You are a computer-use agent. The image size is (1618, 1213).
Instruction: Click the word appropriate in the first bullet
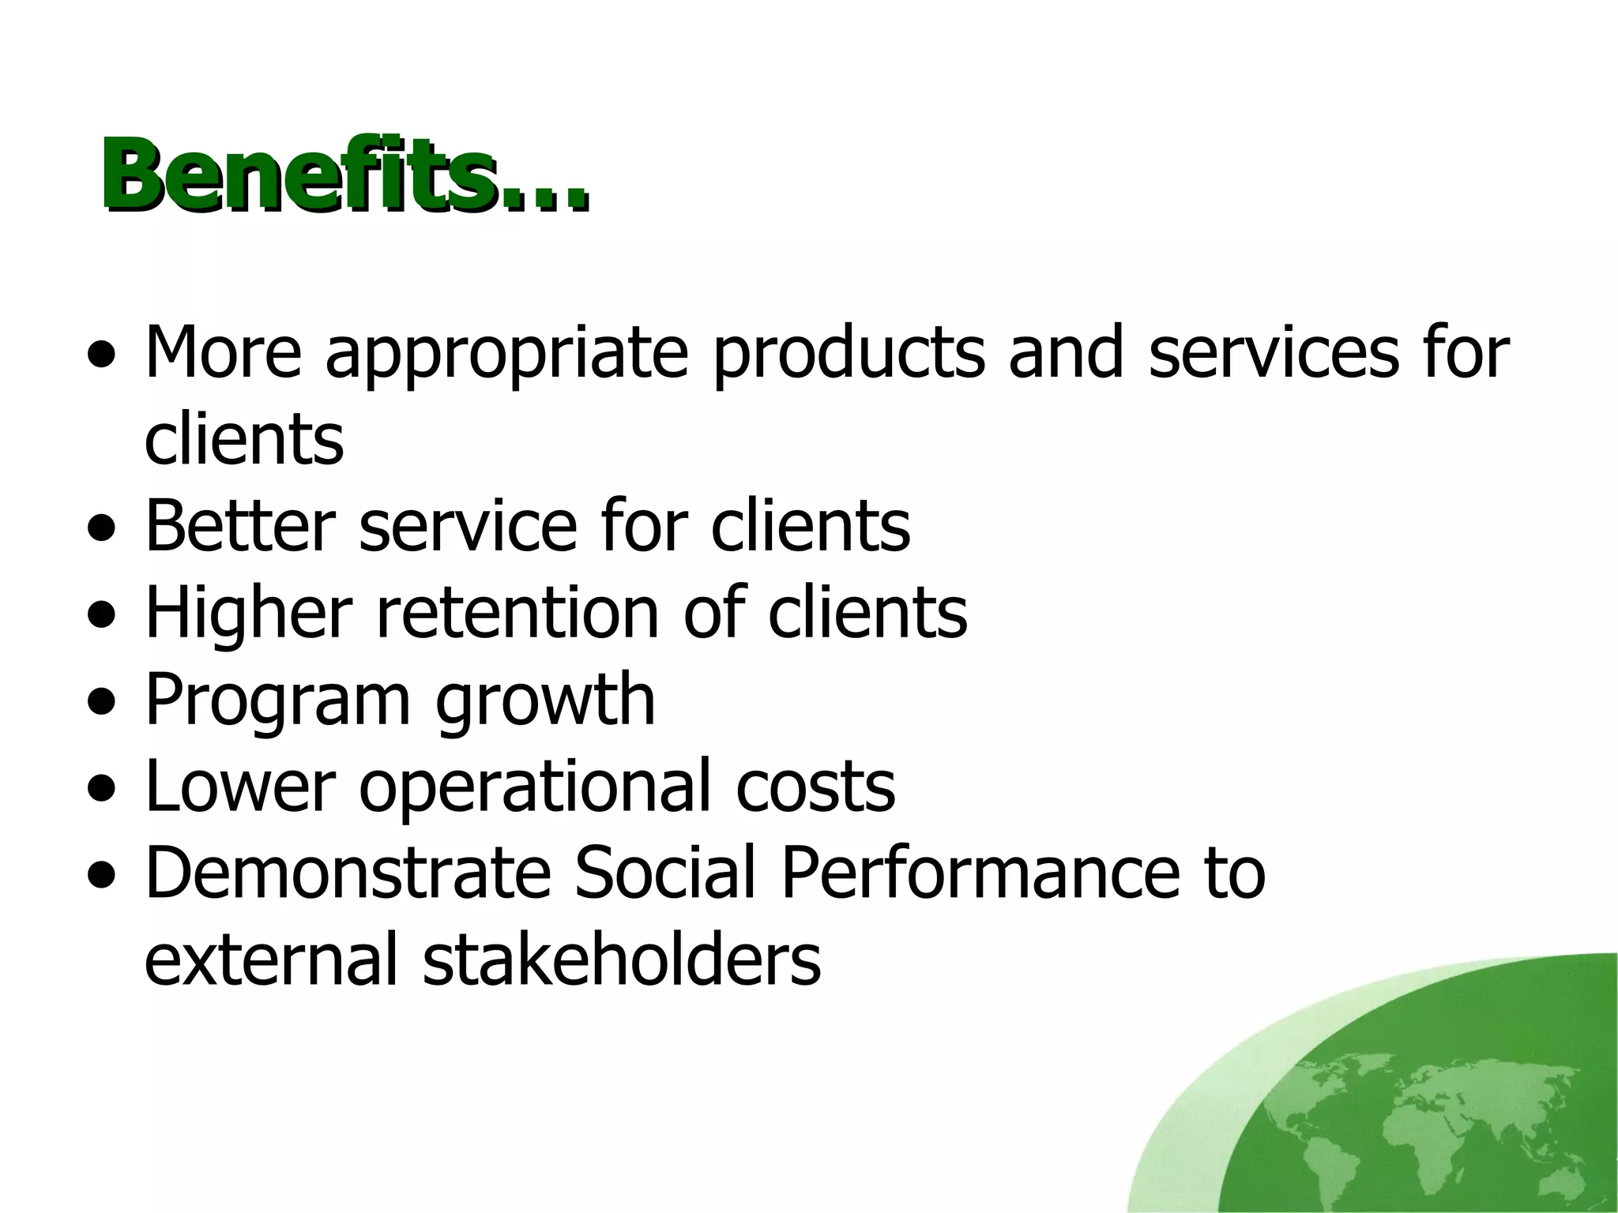coord(506,353)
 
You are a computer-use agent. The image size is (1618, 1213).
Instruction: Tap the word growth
coord(545,701)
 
